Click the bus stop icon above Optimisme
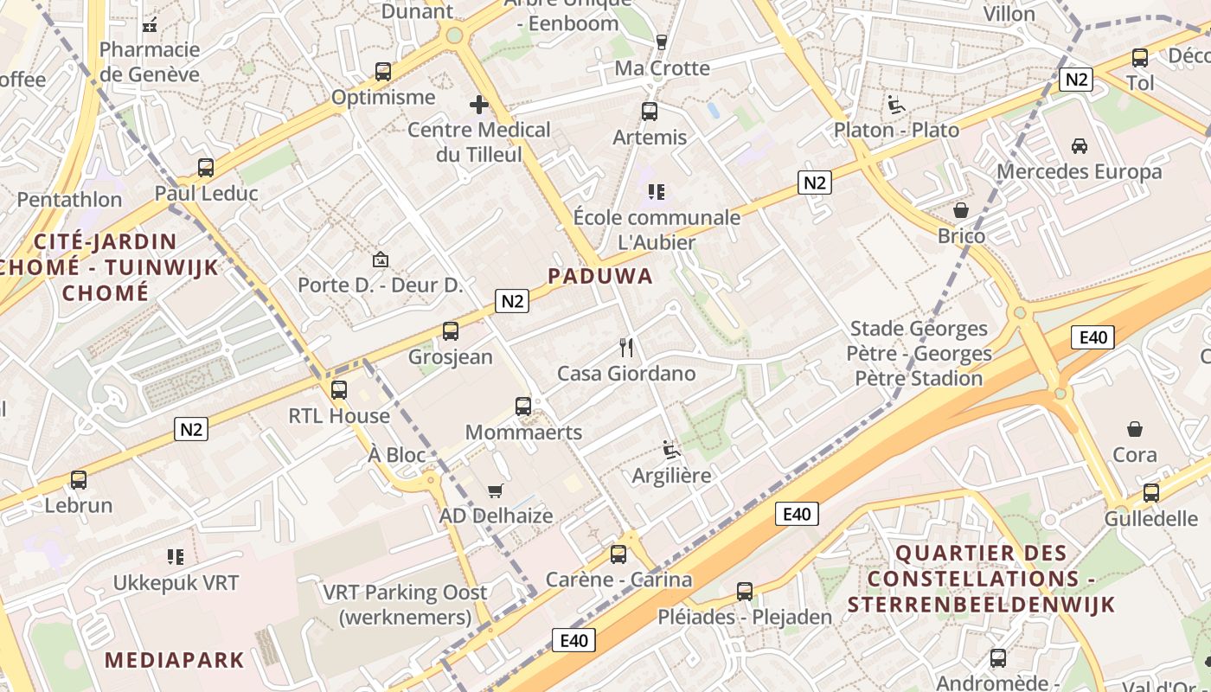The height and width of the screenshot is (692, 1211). click(382, 72)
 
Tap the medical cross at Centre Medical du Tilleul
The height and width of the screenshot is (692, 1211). click(479, 106)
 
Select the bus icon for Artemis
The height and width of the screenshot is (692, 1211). click(650, 112)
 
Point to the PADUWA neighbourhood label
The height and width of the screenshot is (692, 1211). click(599, 276)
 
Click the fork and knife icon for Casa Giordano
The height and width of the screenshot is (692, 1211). click(627, 348)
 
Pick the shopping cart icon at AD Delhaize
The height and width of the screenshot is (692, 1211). click(496, 491)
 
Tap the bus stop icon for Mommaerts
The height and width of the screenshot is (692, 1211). click(523, 407)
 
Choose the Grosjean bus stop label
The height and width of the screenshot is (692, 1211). click(450, 357)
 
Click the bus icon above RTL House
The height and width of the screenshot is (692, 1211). click(339, 390)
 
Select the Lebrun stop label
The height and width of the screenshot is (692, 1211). click(79, 505)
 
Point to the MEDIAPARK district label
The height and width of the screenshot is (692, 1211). click(175, 660)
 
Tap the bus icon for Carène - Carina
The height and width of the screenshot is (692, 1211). click(618, 554)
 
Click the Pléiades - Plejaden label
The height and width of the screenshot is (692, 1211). click(745, 618)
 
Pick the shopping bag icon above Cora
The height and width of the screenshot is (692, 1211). click(1135, 429)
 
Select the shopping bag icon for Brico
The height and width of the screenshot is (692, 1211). click(961, 210)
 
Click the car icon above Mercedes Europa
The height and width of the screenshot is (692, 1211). click(1080, 145)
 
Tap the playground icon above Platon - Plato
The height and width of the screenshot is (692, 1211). click(896, 105)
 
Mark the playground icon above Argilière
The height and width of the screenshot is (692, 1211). click(671, 450)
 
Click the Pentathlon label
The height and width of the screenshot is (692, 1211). click(70, 200)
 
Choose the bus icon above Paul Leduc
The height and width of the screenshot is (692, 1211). click(206, 168)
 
